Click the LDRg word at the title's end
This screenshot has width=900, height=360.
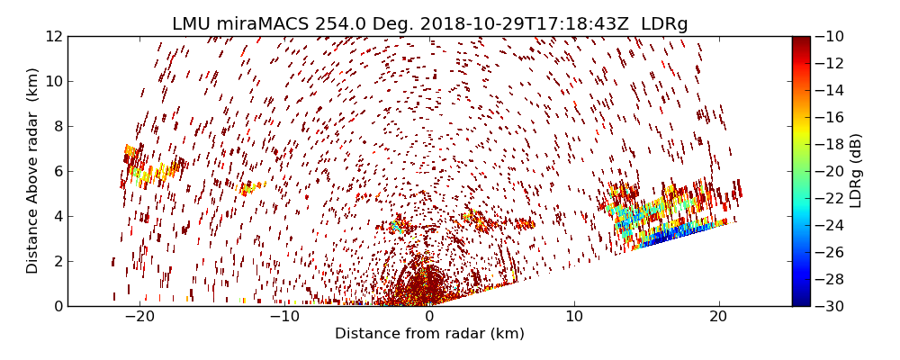664,24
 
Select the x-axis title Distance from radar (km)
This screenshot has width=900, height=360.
429,334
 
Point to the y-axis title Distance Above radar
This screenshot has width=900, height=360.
33,170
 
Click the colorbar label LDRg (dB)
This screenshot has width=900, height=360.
856,170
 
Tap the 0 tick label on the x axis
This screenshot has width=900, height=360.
429,317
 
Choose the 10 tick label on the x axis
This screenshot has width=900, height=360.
574,317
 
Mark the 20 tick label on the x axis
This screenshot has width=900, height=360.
718,317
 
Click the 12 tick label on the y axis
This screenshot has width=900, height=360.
53,36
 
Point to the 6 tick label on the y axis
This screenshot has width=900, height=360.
57,171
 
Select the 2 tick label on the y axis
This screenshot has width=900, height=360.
57,261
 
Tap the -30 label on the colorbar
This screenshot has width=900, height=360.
832,306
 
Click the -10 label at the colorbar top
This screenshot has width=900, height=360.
832,36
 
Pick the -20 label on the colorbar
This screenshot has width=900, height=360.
832,171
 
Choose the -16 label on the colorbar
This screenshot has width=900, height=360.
832,117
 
